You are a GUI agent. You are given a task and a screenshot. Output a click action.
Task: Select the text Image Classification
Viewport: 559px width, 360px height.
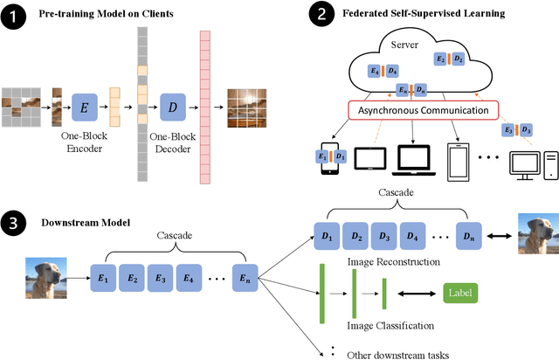390,326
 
